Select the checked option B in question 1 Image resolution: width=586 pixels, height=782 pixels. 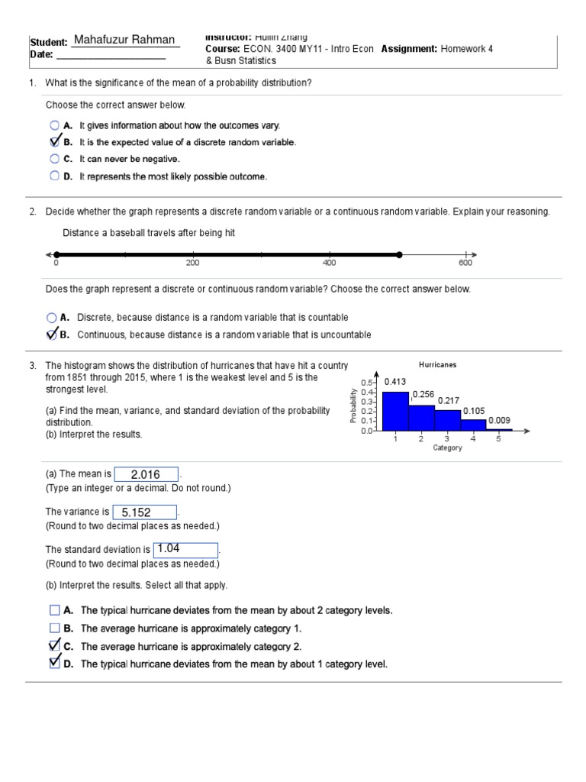(55, 142)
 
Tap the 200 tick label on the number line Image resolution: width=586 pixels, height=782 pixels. (192, 263)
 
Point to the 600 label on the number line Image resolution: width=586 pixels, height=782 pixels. (465, 263)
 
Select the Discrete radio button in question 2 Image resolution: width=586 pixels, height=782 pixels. (51, 317)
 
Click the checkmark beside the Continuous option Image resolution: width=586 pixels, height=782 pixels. (52, 334)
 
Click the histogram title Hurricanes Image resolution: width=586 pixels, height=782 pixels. (438, 365)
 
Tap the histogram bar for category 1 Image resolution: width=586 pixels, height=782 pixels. (395, 411)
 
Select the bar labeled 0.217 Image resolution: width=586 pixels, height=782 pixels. (447, 418)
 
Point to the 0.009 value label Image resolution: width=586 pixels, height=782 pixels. (499, 420)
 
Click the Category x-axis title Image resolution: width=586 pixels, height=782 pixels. (447, 448)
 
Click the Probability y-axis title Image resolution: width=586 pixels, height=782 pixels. (353, 406)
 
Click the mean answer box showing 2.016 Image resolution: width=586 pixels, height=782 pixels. (146, 474)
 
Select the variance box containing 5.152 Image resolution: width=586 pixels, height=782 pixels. (144, 512)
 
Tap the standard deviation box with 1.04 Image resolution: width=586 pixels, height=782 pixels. (185, 549)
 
